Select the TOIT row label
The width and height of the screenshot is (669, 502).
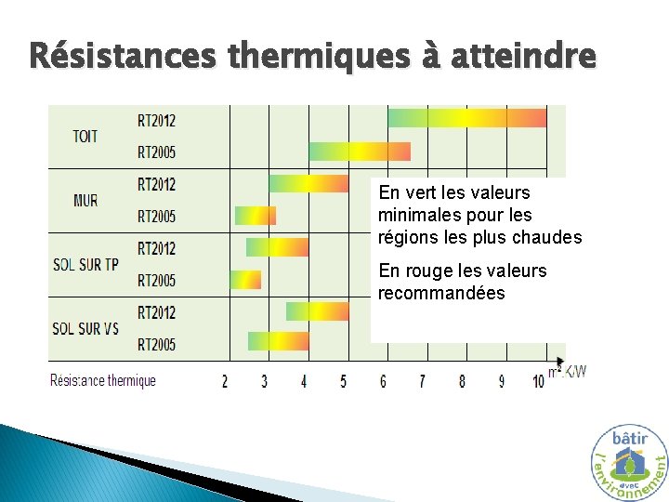85,136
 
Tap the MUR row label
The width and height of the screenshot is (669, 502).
85,200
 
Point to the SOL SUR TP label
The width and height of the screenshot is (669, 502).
85,264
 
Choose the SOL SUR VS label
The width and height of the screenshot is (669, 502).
85,328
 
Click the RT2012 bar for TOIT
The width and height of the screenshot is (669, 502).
466,118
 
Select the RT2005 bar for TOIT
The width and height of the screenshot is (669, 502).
360,152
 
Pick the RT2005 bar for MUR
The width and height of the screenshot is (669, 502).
256,216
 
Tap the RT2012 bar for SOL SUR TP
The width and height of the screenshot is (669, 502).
277,247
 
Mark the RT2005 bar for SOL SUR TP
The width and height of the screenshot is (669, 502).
245,280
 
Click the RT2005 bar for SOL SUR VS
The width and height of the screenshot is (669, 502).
278,341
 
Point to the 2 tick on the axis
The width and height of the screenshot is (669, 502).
224,381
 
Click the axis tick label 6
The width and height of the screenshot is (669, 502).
383,381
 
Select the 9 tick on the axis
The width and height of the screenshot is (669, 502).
502,381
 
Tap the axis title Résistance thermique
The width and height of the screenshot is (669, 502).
102,380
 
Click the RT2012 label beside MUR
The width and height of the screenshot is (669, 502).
156,184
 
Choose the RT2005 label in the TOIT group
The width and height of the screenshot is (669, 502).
156,152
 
